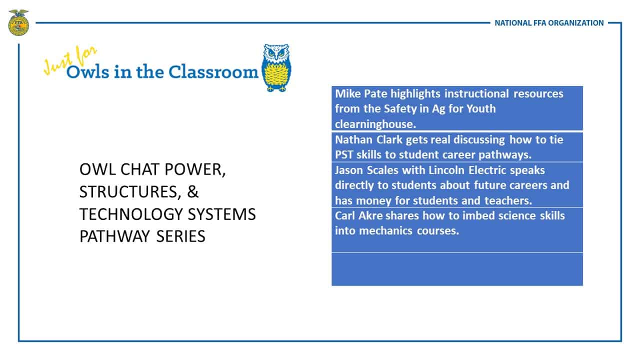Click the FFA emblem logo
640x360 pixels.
[x=18, y=22]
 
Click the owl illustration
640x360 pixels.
[x=276, y=67]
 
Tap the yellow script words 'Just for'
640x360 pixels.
[x=69, y=60]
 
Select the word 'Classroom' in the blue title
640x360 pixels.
[x=213, y=71]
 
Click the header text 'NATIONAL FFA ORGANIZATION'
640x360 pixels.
[x=549, y=23]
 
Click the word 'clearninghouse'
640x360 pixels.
[x=374, y=124]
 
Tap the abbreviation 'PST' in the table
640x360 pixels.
[x=344, y=154]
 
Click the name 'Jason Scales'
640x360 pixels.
[x=366, y=170]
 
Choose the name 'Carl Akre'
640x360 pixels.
[x=358, y=215]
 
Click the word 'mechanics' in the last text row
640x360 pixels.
[x=385, y=230]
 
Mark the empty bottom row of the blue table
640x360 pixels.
[x=457, y=269]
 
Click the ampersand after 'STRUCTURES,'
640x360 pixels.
[x=192, y=191]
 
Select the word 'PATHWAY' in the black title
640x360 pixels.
[x=114, y=236]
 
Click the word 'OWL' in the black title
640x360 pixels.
[x=97, y=169]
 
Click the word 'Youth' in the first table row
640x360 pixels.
[x=481, y=108]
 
